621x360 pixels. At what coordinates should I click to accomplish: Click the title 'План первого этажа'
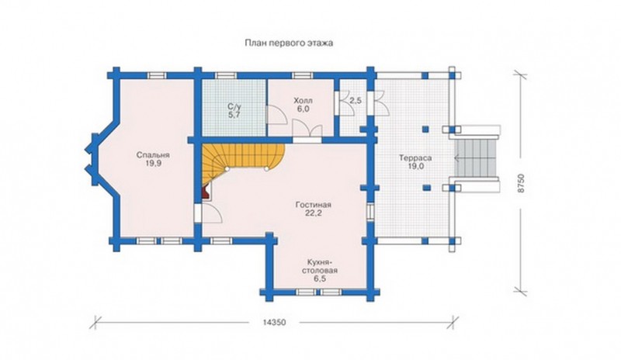click(289, 43)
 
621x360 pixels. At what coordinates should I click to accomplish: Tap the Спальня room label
click(153, 155)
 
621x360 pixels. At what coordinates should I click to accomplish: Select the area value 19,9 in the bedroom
click(153, 164)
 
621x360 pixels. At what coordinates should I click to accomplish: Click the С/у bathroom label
click(234, 106)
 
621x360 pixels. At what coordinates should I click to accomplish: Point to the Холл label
click(303, 100)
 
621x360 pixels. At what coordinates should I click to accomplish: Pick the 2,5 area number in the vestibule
click(356, 101)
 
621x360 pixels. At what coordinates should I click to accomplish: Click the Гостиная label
click(314, 205)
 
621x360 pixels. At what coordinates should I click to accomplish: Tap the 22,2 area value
click(314, 213)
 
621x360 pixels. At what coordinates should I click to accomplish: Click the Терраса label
click(415, 158)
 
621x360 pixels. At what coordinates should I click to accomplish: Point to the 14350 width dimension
click(274, 323)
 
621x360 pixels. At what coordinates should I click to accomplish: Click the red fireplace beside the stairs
click(206, 193)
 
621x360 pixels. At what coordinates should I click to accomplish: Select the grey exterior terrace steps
click(475, 158)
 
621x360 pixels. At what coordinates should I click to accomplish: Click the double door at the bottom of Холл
click(307, 130)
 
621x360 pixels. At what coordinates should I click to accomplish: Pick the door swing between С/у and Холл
click(276, 116)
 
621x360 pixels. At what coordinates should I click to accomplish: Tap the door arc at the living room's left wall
click(212, 215)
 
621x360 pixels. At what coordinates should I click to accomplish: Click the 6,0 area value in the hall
click(303, 109)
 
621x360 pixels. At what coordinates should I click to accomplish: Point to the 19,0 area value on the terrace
click(416, 166)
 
